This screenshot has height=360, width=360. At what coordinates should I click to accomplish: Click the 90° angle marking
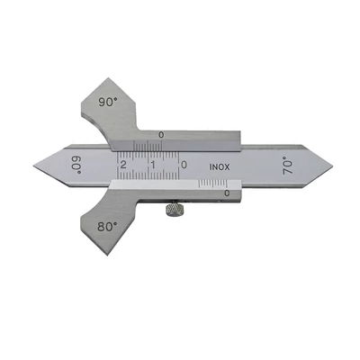point(107,103)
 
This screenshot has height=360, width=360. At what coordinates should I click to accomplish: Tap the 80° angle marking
point(107,226)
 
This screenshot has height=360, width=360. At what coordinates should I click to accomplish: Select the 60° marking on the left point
point(76,165)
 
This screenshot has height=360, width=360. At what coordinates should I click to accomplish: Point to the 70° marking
point(288,166)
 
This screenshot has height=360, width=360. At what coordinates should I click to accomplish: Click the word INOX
point(220,167)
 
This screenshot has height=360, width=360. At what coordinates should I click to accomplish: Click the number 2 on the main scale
point(122,165)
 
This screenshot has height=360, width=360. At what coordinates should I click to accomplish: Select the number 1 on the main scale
point(153,165)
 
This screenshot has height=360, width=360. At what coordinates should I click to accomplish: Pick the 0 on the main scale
point(184,165)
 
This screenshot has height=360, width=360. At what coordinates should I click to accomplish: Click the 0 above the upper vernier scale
point(161,136)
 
